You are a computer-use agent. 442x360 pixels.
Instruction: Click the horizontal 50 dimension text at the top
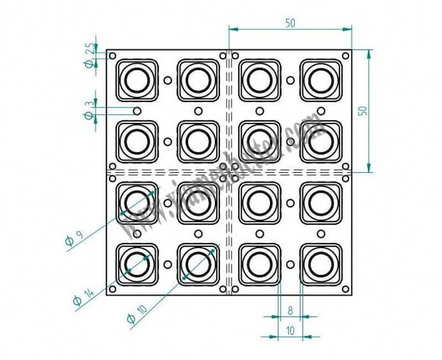(x=290, y=23)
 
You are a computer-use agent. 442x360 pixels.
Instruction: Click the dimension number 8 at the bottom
(x=290, y=311)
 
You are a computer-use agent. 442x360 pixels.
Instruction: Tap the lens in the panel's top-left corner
(x=136, y=80)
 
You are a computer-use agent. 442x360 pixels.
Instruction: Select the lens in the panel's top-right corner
(x=320, y=80)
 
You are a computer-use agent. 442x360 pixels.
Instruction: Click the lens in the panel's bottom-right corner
(x=320, y=263)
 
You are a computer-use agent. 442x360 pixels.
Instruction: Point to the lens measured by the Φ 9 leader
(x=136, y=202)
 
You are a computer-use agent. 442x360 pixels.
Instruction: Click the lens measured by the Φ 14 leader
(x=136, y=263)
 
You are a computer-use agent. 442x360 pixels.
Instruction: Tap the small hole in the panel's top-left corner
(x=113, y=56)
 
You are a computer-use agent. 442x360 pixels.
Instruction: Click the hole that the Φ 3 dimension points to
(x=136, y=111)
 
